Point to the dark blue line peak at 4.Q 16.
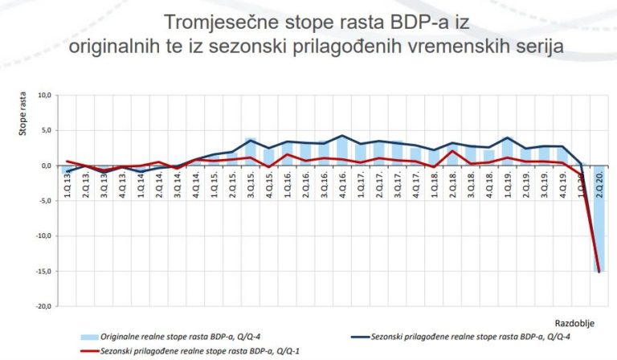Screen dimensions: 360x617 (342, 136)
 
